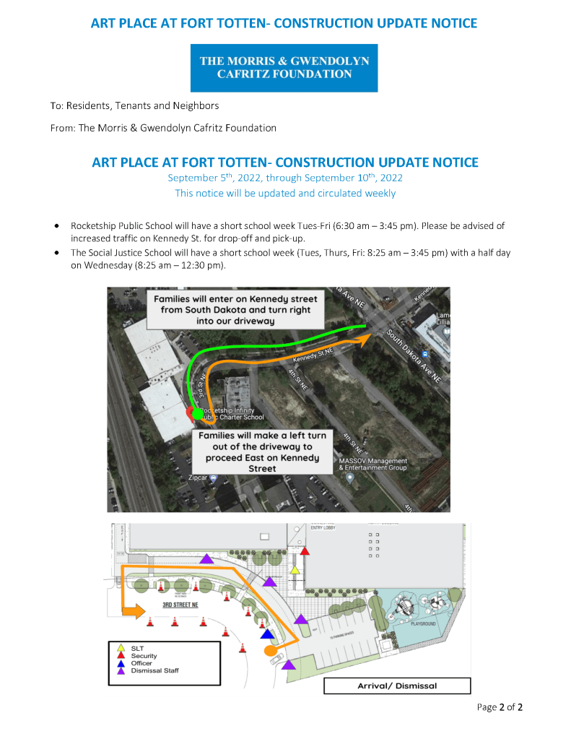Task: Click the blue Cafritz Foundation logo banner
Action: click(x=284, y=68)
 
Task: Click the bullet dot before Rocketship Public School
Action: click(x=57, y=226)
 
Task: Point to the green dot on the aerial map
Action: click(x=198, y=413)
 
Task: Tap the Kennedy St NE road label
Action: click(x=312, y=355)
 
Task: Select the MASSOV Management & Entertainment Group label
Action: click(x=372, y=464)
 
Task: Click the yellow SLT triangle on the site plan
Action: click(x=295, y=571)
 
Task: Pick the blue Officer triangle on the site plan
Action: click(x=268, y=634)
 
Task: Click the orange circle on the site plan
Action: click(x=271, y=651)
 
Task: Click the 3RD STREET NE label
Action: click(x=180, y=604)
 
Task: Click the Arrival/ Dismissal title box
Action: click(x=397, y=686)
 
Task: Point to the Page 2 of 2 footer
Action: click(x=500, y=707)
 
